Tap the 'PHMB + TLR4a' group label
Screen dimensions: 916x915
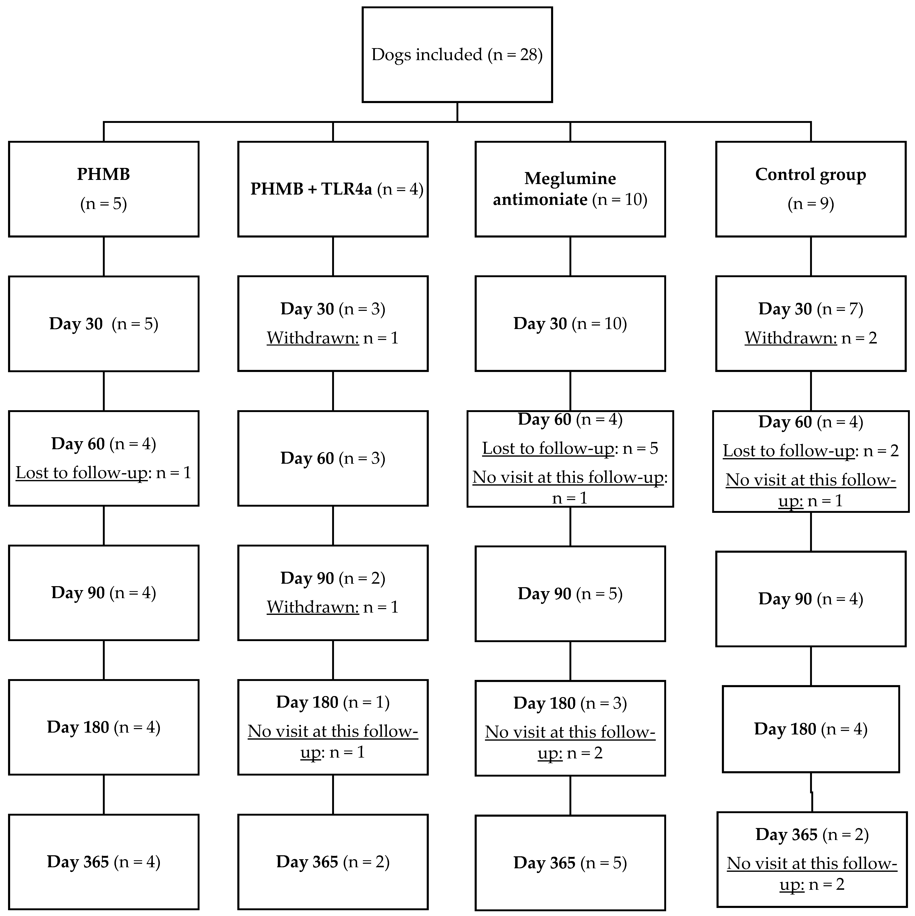tap(311, 189)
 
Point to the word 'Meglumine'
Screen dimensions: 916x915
tap(570, 178)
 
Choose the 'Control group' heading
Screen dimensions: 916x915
tap(810, 175)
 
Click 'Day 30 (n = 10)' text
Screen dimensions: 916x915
tap(570, 324)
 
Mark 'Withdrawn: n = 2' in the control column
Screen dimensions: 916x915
tap(810, 338)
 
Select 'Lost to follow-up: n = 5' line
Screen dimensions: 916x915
tap(570, 448)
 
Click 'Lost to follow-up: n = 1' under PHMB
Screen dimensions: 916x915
tap(103, 473)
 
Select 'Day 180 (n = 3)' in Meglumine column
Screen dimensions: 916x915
tap(570, 703)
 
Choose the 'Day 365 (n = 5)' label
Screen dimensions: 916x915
tap(570, 863)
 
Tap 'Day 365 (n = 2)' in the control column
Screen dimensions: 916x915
tap(812, 834)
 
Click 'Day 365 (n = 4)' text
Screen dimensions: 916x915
tap(103, 862)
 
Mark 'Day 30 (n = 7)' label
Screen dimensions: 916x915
tap(810, 309)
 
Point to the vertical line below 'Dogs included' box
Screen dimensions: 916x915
tap(457, 112)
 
